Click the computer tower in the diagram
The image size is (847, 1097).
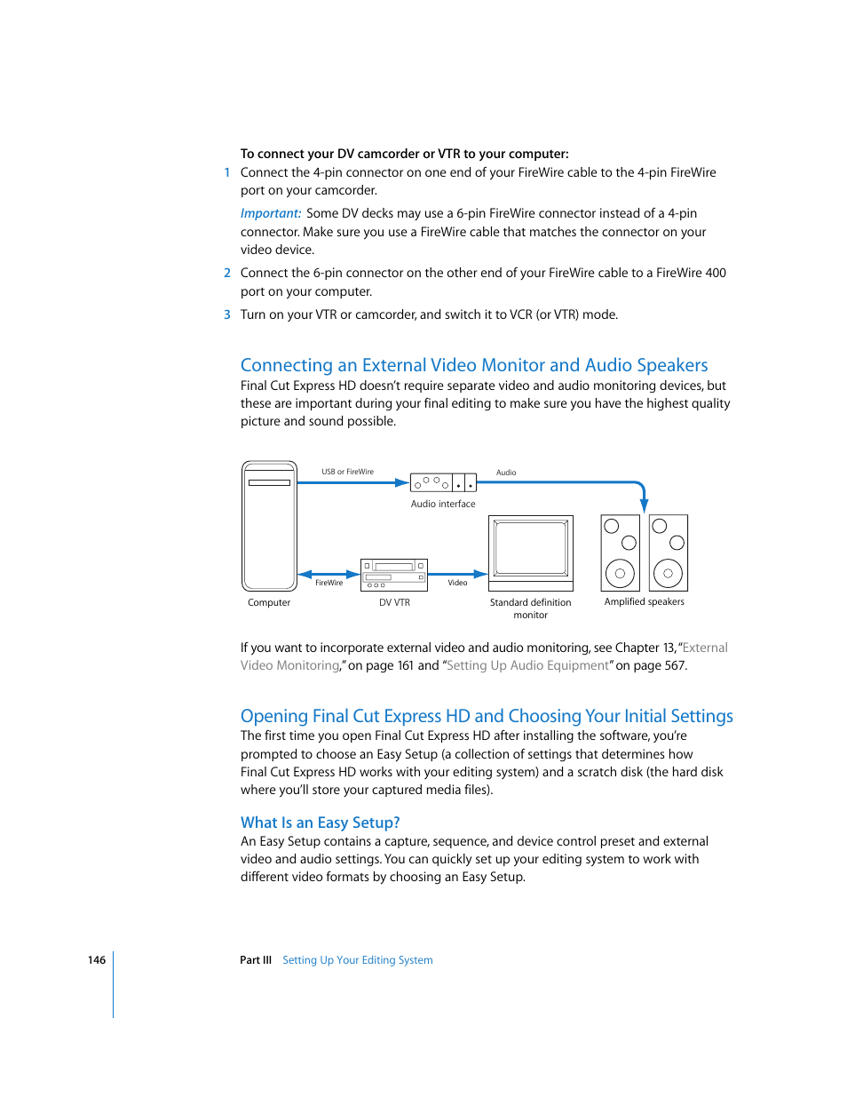tap(269, 526)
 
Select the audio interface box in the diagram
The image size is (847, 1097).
tap(443, 482)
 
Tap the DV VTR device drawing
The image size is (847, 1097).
tap(394, 575)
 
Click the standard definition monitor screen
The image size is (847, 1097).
tap(531, 549)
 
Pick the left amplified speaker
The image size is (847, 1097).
tap(620, 552)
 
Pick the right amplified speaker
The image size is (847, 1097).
tap(668, 552)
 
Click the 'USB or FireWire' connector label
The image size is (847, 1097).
tap(347, 472)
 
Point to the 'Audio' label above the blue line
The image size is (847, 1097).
tap(506, 473)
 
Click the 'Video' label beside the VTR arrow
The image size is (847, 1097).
tap(457, 583)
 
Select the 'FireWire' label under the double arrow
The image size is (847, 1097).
tap(329, 583)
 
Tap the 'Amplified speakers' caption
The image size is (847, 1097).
tap(644, 601)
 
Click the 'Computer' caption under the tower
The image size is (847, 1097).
tap(269, 602)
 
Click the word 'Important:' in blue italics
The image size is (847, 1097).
tap(271, 213)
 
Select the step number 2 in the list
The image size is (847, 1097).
tap(227, 273)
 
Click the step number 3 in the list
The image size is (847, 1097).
tap(227, 314)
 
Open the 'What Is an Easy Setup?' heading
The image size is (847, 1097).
tap(320, 823)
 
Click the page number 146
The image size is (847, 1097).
tap(97, 960)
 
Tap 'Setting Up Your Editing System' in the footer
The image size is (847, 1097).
tap(357, 960)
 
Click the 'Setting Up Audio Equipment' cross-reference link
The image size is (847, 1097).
tap(527, 665)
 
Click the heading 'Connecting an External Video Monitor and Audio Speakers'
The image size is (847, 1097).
tap(474, 365)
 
